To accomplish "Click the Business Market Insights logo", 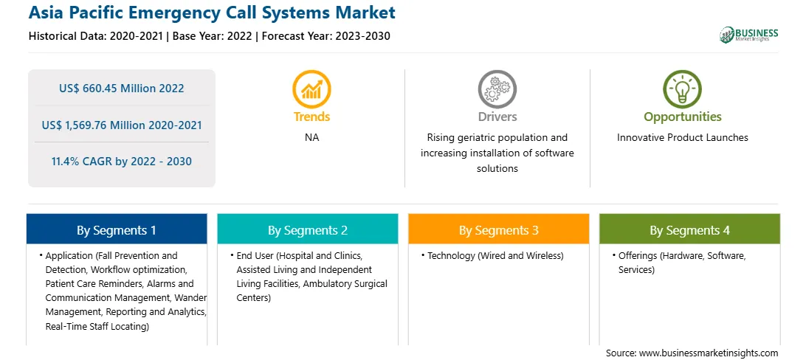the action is coord(748,35).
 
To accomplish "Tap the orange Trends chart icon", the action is coord(311,89).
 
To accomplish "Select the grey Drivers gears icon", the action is coord(497,89).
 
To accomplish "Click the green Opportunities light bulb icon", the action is coord(682,89).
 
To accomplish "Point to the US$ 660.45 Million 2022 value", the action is coord(121,89).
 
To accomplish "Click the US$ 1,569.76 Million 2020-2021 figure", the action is coord(121,125).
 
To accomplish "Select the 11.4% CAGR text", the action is coord(121,162).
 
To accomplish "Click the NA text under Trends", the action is coord(311,138).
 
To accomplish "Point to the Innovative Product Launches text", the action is coord(682,138).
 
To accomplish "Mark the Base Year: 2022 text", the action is coord(213,36).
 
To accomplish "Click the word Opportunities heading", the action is coord(682,117).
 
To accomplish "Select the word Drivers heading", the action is coord(497,117).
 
